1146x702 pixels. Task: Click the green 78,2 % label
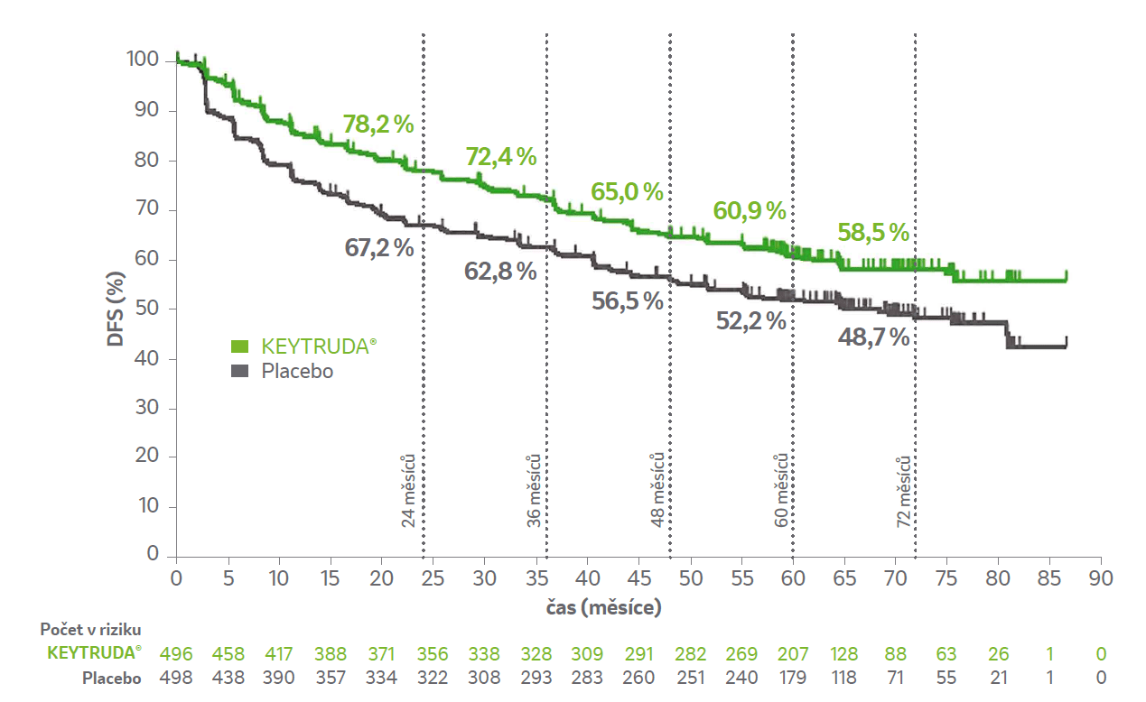[377, 125]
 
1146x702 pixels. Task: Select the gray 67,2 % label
[379, 247]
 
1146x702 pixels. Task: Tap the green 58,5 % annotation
[872, 233]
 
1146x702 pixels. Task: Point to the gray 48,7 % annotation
[873, 337]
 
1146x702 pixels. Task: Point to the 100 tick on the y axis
[144, 60]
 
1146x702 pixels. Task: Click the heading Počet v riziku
[90, 630]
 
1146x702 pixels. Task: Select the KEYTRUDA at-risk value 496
[176, 654]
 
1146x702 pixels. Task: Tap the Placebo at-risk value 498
[176, 679]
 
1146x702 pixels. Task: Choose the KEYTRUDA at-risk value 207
[793, 654]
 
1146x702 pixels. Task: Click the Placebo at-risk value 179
[793, 679]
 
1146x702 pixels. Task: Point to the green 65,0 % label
[627, 192]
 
